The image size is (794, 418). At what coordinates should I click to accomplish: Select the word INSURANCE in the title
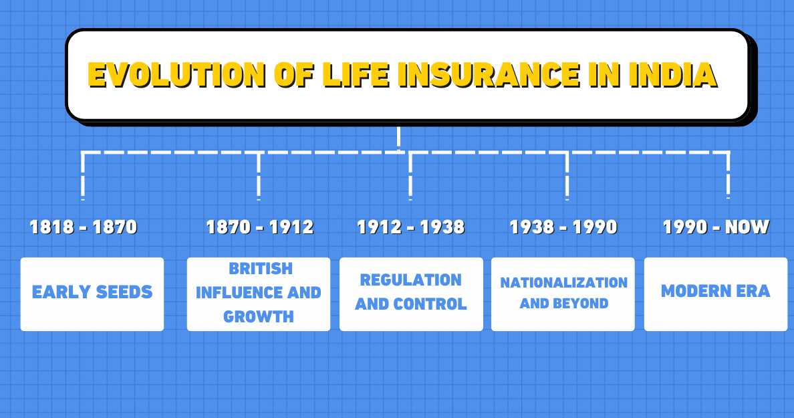click(x=488, y=76)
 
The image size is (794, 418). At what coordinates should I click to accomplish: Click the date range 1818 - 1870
click(x=84, y=227)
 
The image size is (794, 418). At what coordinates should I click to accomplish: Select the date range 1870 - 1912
click(x=259, y=227)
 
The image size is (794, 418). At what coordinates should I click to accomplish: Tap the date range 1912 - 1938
click(x=410, y=227)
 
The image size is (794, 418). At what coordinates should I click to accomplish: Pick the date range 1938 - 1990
click(x=563, y=227)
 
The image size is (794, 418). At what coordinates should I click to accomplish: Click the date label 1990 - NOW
click(x=716, y=227)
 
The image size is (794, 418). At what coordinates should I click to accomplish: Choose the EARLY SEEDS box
click(x=92, y=294)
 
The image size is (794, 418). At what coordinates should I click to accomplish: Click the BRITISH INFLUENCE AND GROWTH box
click(x=259, y=294)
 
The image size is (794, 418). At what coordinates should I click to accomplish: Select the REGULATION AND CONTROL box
click(x=411, y=294)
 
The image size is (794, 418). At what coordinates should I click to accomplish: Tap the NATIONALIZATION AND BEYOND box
click(x=563, y=294)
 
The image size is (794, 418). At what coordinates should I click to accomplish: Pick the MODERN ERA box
click(x=716, y=294)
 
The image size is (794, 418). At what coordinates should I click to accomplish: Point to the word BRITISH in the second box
click(x=261, y=269)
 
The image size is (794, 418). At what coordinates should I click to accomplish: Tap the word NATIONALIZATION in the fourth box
click(x=564, y=283)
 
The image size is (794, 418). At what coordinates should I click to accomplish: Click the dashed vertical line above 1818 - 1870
click(x=83, y=177)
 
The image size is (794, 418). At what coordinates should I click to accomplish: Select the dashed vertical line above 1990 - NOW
click(x=728, y=177)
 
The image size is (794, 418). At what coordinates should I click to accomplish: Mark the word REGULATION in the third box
click(x=411, y=280)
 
